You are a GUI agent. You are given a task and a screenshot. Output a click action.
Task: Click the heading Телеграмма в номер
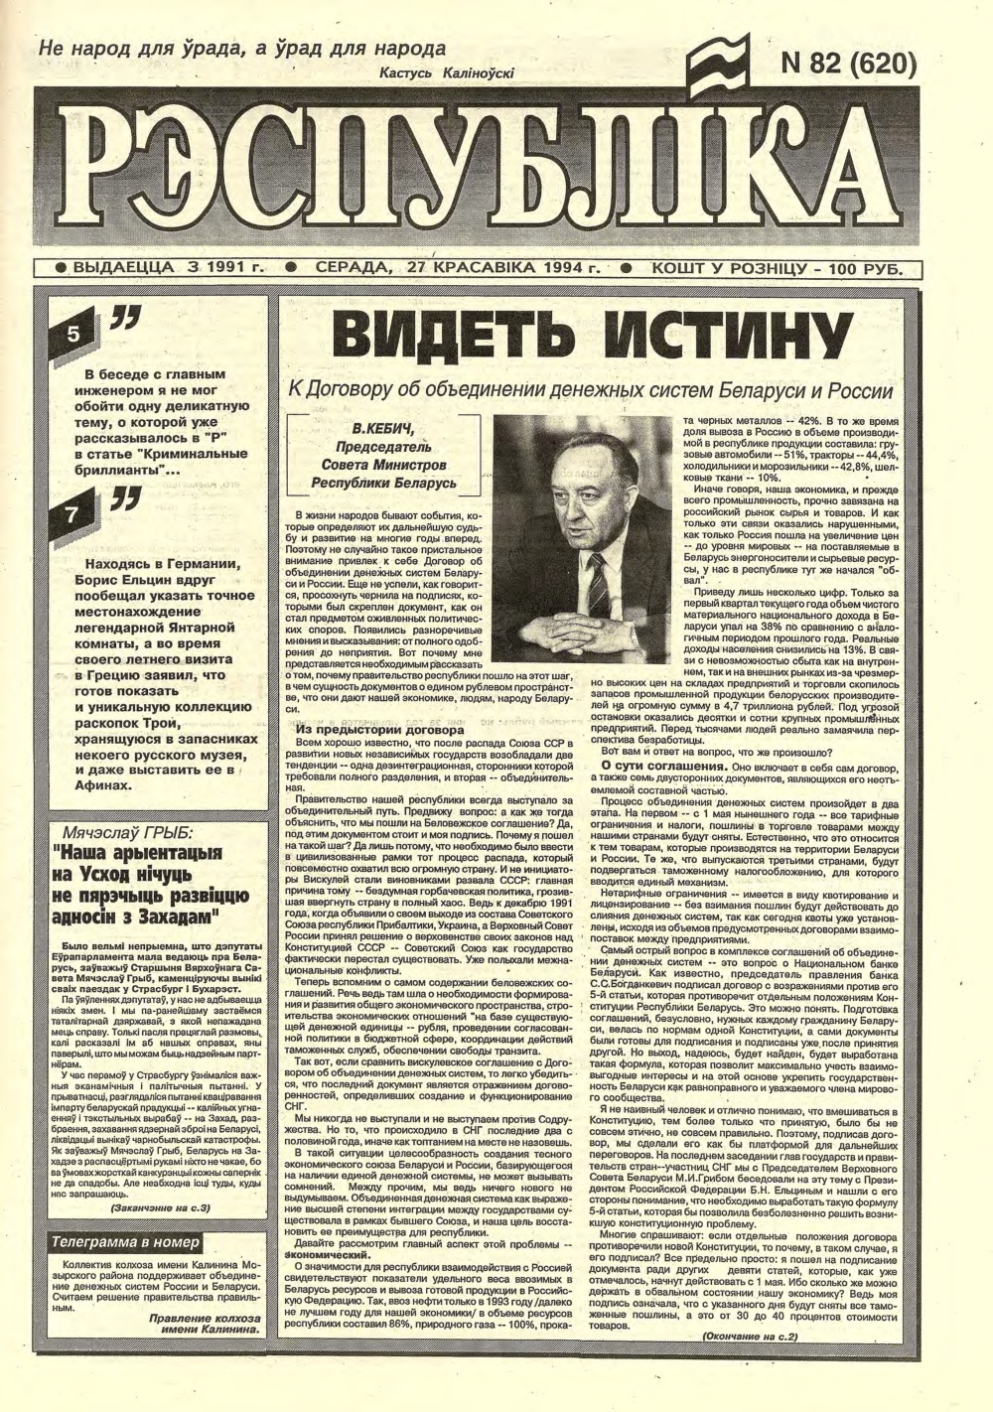tap(126, 1242)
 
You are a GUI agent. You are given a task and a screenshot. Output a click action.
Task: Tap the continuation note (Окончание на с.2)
tap(751, 1337)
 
